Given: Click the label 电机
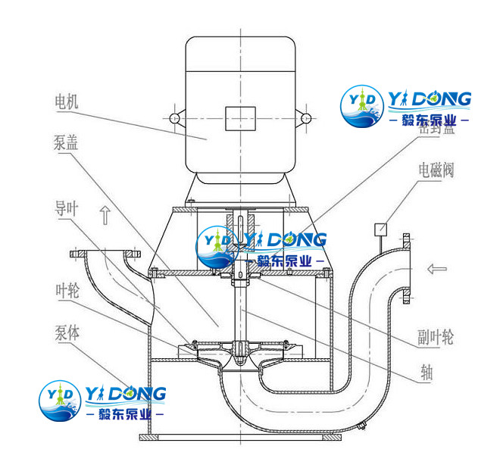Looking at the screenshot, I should (67, 100).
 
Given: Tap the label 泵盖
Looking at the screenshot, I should (67, 143).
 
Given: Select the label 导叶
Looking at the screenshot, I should (67, 207).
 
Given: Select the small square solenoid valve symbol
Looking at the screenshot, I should (381, 228).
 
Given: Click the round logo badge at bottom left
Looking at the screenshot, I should (58, 398).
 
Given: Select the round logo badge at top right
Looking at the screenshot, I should (361, 105).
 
